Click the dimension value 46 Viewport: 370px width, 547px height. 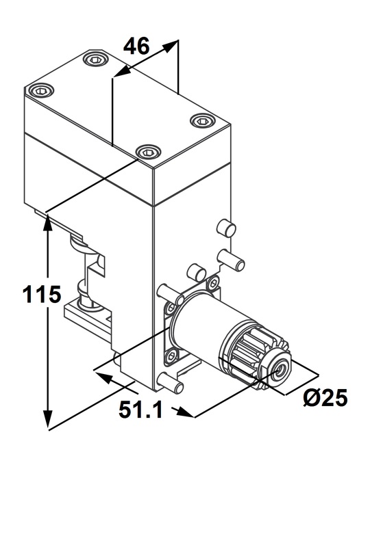138,46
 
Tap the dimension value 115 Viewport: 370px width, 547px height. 42,294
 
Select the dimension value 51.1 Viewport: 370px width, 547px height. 141,410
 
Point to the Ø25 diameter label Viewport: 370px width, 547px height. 325,397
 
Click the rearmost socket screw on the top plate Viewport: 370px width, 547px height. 94,59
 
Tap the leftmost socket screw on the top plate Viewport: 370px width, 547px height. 41,91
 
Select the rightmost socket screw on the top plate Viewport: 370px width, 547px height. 201,121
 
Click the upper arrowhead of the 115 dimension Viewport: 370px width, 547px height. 47,224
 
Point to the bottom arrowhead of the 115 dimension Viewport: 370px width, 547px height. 48,418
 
